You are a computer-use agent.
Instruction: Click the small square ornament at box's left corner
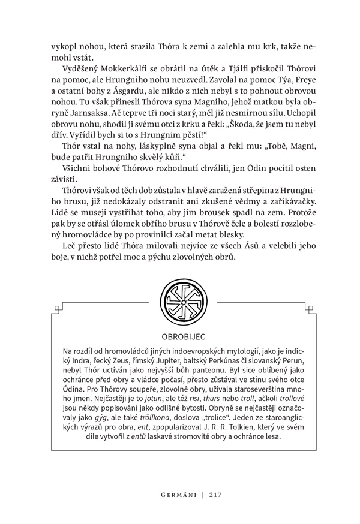(x=57, y=309)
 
